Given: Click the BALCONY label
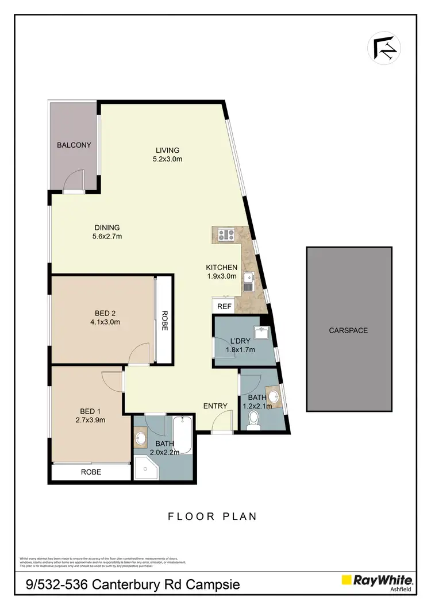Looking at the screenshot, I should tap(74, 145).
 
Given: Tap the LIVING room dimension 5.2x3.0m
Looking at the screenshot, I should tap(167, 159).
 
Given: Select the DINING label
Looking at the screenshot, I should tap(107, 228).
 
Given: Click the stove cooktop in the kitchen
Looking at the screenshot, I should tap(225, 234).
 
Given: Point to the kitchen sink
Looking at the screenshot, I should tap(249, 280).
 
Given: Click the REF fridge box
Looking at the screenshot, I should tap(224, 306).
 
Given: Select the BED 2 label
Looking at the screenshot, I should tap(105, 313).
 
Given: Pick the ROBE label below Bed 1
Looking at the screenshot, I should tap(91, 472).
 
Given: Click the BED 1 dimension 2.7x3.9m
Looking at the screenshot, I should tap(90, 420).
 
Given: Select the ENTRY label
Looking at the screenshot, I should tap(215, 406).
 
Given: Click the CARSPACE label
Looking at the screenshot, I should tap(348, 330).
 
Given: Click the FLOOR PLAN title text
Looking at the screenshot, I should tap(212, 517).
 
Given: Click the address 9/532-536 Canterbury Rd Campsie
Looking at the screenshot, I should tap(133, 585).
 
